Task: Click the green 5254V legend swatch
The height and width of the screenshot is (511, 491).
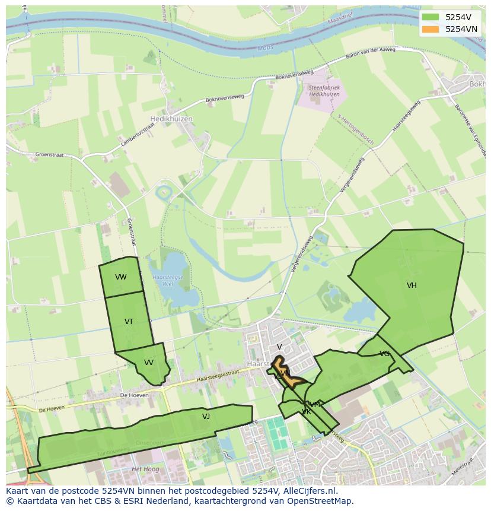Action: pyautogui.click(x=431, y=17)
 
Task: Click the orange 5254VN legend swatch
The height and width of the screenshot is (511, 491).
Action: pyautogui.click(x=431, y=29)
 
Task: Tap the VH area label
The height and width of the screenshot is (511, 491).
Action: pyautogui.click(x=412, y=285)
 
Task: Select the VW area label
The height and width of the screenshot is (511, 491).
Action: pyautogui.click(x=121, y=277)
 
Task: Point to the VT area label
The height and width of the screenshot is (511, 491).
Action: pyautogui.click(x=129, y=322)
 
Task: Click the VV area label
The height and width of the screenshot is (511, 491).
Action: pyautogui.click(x=149, y=363)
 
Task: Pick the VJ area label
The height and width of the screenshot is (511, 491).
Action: pyautogui.click(x=206, y=417)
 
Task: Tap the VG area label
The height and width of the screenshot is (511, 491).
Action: pyautogui.click(x=385, y=354)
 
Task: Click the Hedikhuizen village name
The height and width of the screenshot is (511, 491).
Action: pyautogui.click(x=171, y=119)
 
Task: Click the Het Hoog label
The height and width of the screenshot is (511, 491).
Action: pyautogui.click(x=144, y=469)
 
